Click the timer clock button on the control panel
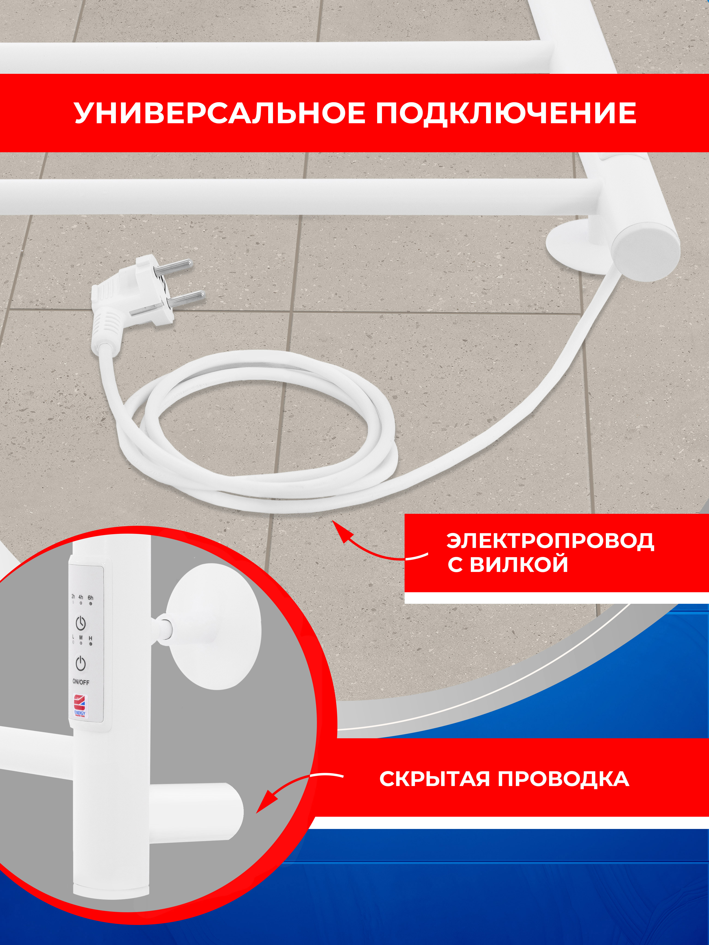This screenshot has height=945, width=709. [81, 623]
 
